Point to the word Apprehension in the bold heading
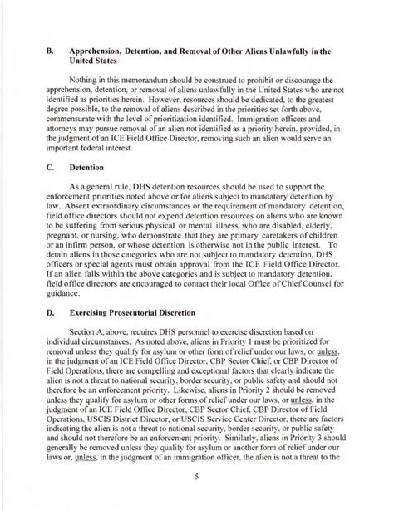pyautogui.click(x=110, y=51)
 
